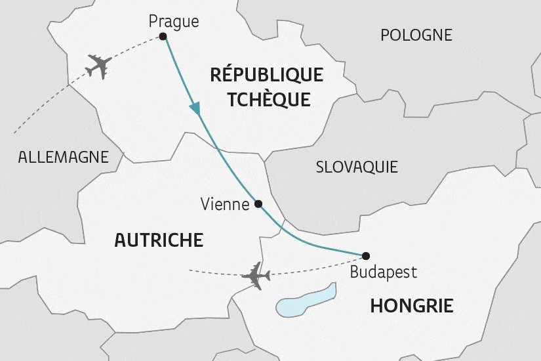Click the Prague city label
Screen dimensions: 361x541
pyautogui.click(x=173, y=22)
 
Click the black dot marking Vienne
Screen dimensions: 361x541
pyautogui.click(x=258, y=203)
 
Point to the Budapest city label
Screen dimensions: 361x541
pyautogui.click(x=383, y=272)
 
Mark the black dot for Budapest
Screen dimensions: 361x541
pyautogui.click(x=366, y=256)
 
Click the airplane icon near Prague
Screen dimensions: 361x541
pyautogui.click(x=99, y=66)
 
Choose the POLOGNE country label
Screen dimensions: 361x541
pyautogui.click(x=416, y=35)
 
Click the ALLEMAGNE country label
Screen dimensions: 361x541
pyautogui.click(x=63, y=157)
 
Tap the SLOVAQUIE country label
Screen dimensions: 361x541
pyautogui.click(x=357, y=167)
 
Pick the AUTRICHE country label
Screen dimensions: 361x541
pyautogui.click(x=159, y=240)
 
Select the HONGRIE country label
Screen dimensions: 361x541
pyautogui.click(x=412, y=305)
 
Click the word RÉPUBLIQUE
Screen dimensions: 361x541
pyautogui.click(x=266, y=75)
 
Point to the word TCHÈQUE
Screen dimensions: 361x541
pyautogui.click(x=267, y=99)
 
